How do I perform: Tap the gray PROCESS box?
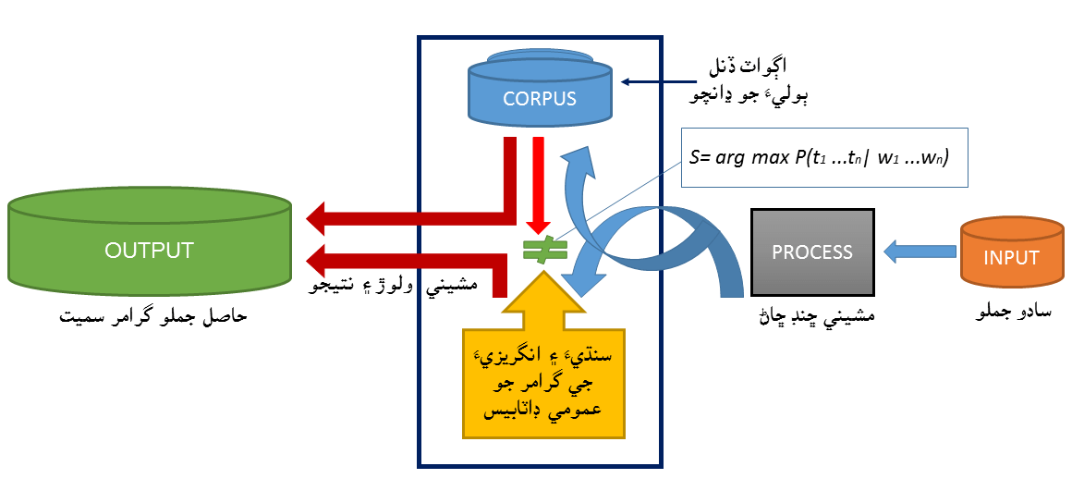[812, 252]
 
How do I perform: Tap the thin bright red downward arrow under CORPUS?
[539, 185]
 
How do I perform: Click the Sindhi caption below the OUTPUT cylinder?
[153, 316]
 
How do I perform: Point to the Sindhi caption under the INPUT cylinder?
[1010, 313]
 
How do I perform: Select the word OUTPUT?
[149, 251]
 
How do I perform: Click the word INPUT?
[1011, 258]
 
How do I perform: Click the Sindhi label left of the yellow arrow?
[393, 287]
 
